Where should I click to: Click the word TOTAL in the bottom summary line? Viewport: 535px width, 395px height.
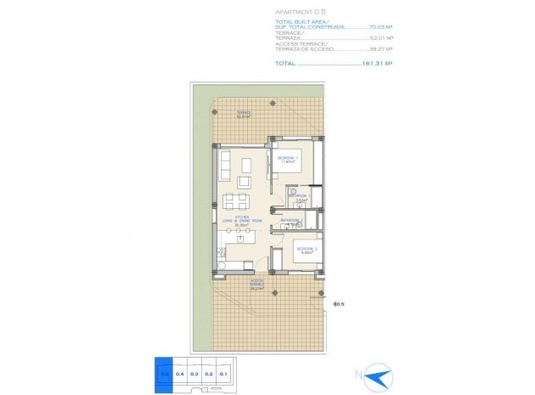pos(286,64)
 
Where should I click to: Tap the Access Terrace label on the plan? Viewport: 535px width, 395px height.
pos(256,284)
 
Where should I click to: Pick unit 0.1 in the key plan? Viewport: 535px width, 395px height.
pos(222,373)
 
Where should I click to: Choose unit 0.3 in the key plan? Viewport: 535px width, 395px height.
pos(194,373)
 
